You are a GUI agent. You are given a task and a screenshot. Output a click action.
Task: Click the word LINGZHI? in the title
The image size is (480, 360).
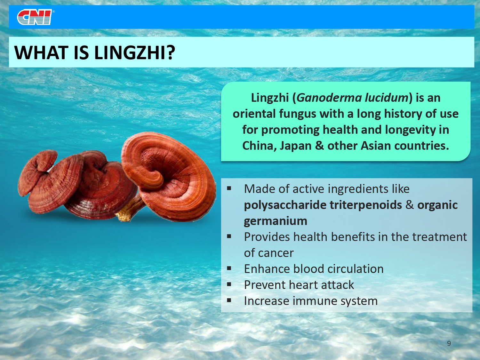[x=134, y=52]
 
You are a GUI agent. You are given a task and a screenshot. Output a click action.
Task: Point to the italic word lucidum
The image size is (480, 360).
[x=387, y=97]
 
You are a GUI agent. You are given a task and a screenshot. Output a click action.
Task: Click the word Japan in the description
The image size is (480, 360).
[x=295, y=146]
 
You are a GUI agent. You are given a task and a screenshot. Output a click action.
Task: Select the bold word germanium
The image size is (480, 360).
[x=276, y=221]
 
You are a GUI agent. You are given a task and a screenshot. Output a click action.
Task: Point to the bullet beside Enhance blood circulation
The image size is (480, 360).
[x=229, y=268]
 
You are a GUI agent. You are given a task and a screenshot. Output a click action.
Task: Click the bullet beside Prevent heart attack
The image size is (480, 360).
[x=229, y=284]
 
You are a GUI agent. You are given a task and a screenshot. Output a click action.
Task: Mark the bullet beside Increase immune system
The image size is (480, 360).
[x=229, y=300]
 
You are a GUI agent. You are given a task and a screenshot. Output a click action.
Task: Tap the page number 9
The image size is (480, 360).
[x=449, y=343]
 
